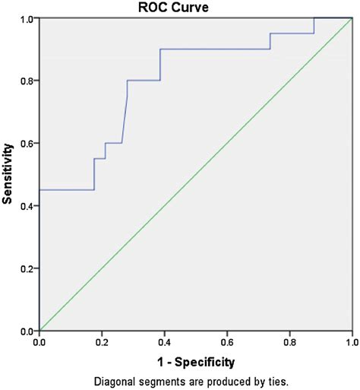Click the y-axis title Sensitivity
8,175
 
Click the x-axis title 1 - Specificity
195,361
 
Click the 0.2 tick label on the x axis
101,342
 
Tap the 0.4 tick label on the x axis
164,342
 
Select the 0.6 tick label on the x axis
226,342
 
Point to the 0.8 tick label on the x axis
289,342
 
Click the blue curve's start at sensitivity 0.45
39,190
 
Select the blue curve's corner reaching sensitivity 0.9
160,49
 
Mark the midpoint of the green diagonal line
195,175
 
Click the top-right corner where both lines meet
352,18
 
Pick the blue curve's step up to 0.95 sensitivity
270,33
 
